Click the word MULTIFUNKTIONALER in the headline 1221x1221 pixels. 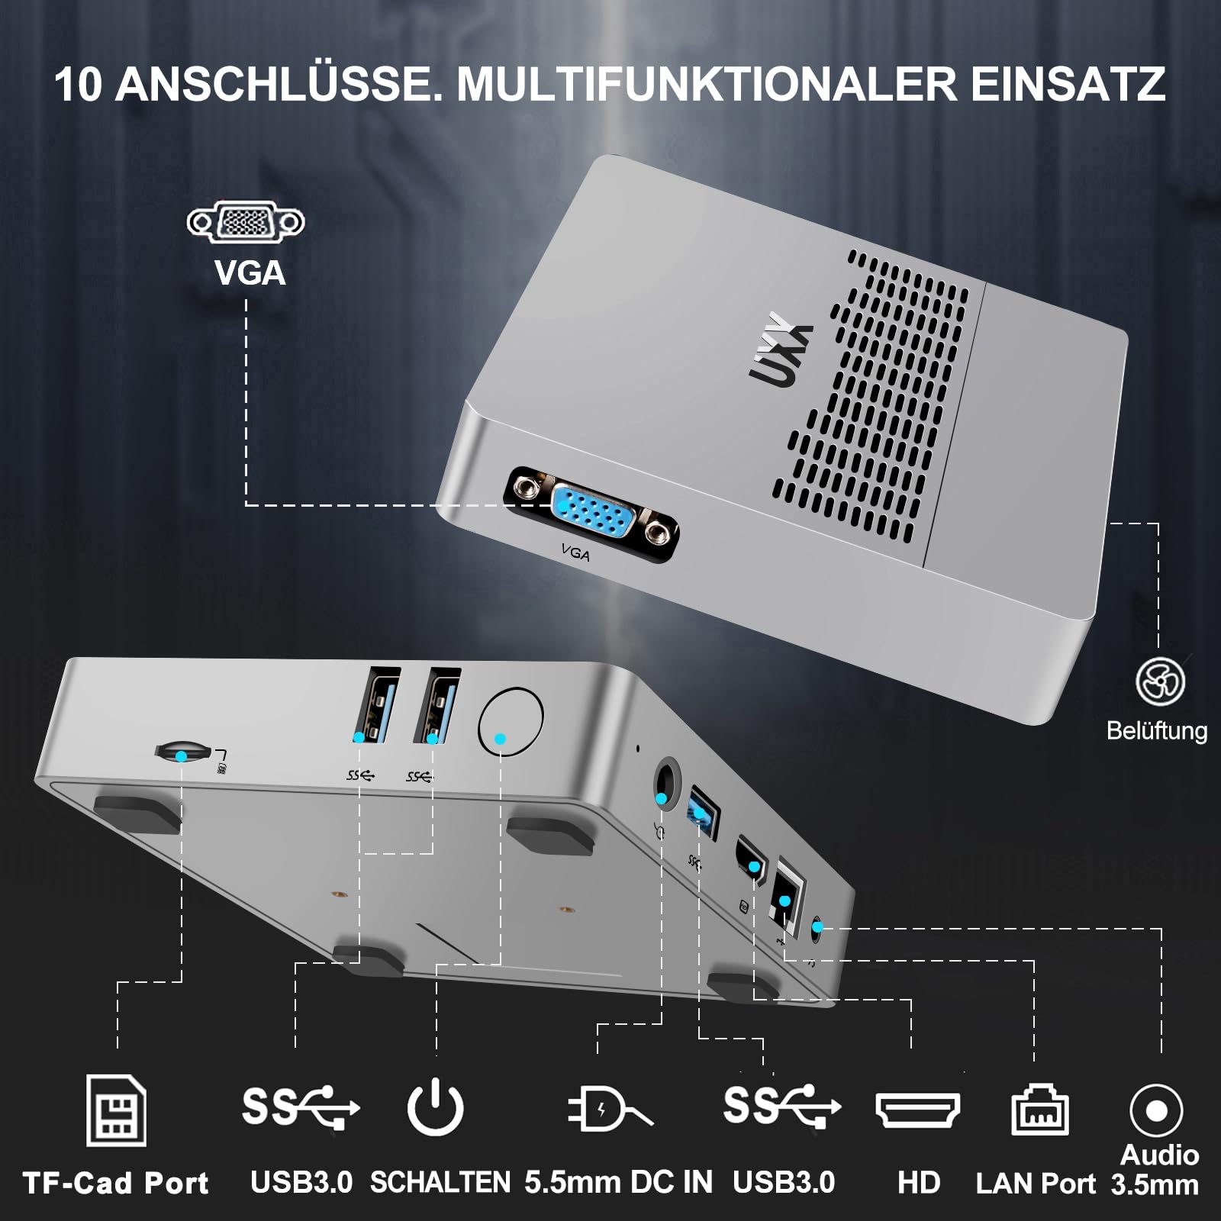[706, 84]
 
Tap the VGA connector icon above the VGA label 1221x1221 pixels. [246, 222]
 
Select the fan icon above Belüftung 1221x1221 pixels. [1159, 681]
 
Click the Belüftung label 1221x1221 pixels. [1157, 730]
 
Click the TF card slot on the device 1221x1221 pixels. [183, 751]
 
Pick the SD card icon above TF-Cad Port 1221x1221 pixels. [116, 1110]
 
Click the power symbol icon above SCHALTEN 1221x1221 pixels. [435, 1107]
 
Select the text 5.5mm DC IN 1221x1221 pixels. [618, 1182]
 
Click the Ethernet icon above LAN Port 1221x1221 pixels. [1039, 1110]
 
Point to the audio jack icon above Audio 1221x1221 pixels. [1156, 1110]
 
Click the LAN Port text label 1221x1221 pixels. [1036, 1184]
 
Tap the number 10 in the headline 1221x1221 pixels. [78, 84]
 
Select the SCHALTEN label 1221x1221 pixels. [440, 1182]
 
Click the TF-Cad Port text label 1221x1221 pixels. [116, 1184]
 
